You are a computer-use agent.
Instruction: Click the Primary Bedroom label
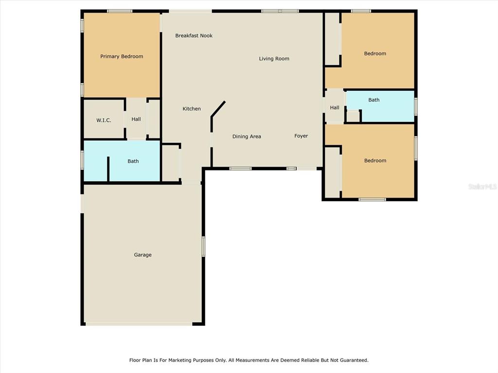(x=122, y=56)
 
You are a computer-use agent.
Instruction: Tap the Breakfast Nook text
(x=194, y=35)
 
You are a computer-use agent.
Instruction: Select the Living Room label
(x=274, y=59)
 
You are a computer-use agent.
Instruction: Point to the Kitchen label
(x=192, y=109)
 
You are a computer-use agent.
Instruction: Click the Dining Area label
(x=247, y=136)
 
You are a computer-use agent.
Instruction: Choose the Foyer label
(x=301, y=136)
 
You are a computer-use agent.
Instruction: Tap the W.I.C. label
(x=104, y=120)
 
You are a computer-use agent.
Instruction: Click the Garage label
(x=142, y=254)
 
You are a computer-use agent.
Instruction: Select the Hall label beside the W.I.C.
(x=136, y=119)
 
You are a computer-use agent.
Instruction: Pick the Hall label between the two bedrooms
(x=335, y=107)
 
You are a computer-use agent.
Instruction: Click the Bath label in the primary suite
(x=133, y=161)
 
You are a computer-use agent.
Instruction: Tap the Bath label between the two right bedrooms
(x=374, y=100)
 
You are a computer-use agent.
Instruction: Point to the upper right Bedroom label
(x=375, y=53)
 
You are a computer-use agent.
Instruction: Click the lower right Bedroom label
(x=375, y=160)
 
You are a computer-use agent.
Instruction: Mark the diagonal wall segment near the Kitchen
(x=218, y=109)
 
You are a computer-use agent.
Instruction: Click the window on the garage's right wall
(x=203, y=246)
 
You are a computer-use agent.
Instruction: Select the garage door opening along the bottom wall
(x=139, y=324)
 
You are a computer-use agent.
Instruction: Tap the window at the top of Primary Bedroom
(x=120, y=11)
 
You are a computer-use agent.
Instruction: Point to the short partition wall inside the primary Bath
(x=108, y=169)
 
